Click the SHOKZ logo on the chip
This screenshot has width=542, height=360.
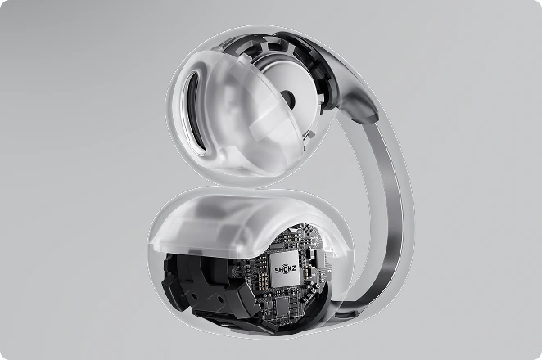[286, 269]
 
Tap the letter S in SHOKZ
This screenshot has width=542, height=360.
[277, 269]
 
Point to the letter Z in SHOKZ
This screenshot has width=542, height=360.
[294, 269]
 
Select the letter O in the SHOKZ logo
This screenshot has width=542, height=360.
[285, 269]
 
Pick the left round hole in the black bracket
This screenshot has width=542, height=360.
[194, 297]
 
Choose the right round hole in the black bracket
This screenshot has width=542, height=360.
[219, 298]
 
